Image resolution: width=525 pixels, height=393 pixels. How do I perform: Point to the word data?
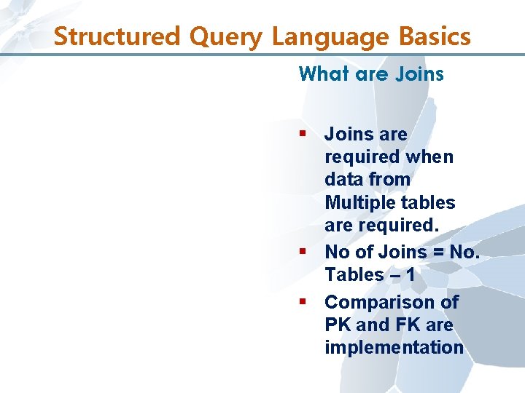coord(344,179)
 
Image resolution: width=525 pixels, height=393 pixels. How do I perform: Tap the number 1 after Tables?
coord(410,274)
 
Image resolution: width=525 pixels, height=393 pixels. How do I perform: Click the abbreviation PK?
coord(338,325)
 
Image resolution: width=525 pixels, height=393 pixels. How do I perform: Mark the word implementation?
coord(394,347)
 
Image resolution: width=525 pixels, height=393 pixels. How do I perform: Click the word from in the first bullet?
coord(390,179)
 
